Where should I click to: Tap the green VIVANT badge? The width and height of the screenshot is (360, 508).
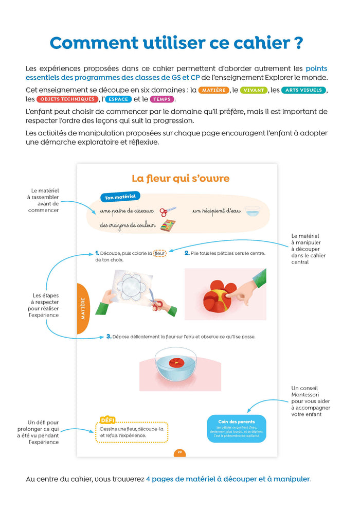point(254,90)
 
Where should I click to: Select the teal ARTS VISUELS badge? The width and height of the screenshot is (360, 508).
point(304,90)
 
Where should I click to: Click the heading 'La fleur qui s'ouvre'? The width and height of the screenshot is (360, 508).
point(181,179)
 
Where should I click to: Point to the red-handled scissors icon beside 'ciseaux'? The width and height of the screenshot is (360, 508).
point(168,212)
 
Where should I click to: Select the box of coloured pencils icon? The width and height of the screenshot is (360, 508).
point(168,225)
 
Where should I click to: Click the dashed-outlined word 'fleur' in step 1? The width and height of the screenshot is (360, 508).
point(160,253)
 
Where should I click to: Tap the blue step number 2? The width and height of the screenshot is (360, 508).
point(187,253)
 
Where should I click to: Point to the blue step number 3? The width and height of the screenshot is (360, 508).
point(109,337)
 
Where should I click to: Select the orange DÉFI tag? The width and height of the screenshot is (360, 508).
point(108,419)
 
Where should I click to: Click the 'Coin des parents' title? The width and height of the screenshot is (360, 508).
point(236,422)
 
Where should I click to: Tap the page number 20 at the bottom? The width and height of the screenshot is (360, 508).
point(180,452)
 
